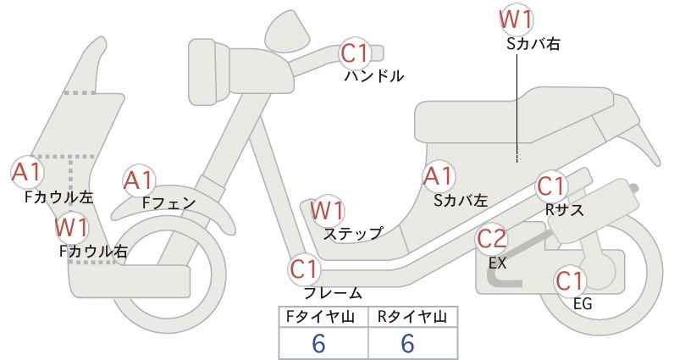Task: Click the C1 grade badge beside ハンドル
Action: click(x=356, y=54)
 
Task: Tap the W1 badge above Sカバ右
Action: click(x=516, y=19)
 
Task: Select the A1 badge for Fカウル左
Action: click(x=26, y=172)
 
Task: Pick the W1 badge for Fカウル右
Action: click(x=72, y=226)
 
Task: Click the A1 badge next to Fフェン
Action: click(x=139, y=180)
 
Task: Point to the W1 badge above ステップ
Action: click(x=328, y=209)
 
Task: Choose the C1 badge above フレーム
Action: click(x=306, y=270)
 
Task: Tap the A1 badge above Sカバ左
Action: click(x=438, y=177)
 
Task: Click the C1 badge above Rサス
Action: click(x=551, y=185)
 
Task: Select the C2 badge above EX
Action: click(x=492, y=239)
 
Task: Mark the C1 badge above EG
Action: click(x=570, y=280)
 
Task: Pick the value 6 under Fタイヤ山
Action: click(x=318, y=343)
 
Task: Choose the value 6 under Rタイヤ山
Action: click(x=407, y=343)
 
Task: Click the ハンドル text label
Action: click(x=373, y=76)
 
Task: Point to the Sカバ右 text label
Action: click(x=533, y=42)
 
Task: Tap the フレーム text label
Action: click(x=333, y=293)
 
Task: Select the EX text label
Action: click(x=497, y=263)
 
